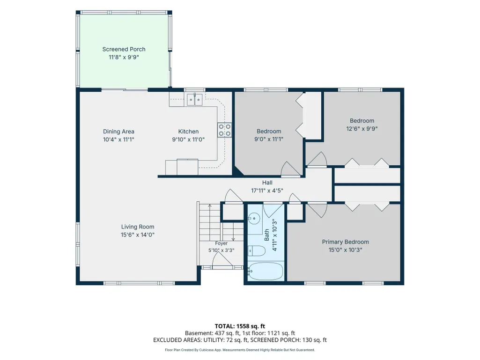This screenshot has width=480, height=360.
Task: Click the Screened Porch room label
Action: click(124, 49)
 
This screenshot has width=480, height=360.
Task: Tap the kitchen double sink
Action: click(195, 100)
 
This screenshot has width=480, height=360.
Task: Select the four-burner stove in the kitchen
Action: click(224, 130)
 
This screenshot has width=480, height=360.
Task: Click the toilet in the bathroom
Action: click(256, 251)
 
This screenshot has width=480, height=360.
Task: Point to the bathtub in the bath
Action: click(266, 271)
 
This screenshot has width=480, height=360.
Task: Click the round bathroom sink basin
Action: click(254, 218)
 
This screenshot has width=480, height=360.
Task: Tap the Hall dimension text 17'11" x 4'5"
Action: click(267, 191)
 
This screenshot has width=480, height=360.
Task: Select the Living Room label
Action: click(138, 227)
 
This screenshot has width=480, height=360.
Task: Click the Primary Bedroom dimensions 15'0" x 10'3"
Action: click(345, 250)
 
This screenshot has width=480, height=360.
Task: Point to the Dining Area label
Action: click(118, 132)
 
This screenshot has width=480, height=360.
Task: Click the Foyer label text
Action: click(221, 243)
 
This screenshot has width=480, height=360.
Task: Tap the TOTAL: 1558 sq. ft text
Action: click(240, 326)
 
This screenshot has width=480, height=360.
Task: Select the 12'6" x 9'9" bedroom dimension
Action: click(362, 129)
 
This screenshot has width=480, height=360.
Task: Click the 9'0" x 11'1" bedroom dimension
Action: click(269, 139)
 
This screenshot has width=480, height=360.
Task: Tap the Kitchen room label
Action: click(188, 132)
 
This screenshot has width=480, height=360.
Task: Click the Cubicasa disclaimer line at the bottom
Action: click(240, 350)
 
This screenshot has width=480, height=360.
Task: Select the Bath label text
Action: click(266, 235)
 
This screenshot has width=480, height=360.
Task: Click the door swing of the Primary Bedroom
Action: click(317, 210)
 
